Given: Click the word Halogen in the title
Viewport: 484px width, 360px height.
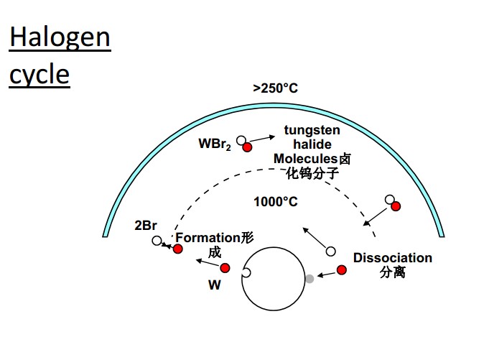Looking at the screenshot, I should (x=60, y=37).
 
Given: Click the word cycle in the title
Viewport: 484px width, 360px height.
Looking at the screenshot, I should (x=39, y=74).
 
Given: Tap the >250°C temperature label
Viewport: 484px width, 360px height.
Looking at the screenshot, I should (x=275, y=88).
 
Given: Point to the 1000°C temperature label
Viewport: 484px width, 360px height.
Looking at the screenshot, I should (x=275, y=201).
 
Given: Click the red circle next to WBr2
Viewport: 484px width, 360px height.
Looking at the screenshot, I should (x=248, y=147).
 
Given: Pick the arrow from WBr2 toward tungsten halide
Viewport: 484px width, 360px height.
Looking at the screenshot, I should (x=264, y=137).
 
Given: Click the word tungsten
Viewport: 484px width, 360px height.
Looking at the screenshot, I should (x=312, y=130).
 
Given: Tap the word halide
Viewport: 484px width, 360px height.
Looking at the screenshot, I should (x=312, y=144).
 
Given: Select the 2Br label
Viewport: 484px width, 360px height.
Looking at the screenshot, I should (x=146, y=226).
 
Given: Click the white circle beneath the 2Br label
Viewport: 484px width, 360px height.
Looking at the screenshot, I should (x=157, y=241).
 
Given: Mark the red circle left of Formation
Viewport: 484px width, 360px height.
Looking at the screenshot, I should (x=177, y=249).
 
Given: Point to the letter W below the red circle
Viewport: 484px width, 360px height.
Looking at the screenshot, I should (x=214, y=285).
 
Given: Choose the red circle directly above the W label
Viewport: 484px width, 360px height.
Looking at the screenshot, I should (x=225, y=268).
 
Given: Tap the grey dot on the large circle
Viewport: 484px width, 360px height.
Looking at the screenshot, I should (x=310, y=278).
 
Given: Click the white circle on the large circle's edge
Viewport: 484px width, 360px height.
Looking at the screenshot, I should (x=246, y=273).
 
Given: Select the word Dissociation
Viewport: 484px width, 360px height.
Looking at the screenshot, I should (x=393, y=258).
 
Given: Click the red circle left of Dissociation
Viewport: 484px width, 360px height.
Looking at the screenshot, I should (x=342, y=270).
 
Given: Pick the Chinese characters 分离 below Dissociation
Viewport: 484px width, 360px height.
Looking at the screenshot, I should (x=393, y=273).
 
